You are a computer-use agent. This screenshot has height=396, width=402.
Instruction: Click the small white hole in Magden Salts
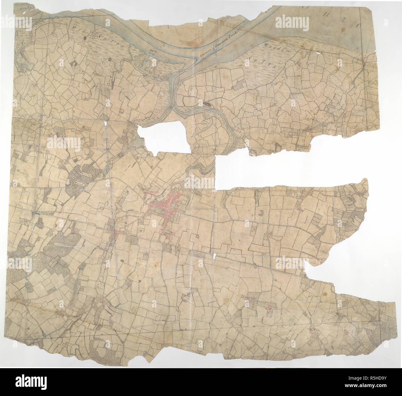[x=316, y=53]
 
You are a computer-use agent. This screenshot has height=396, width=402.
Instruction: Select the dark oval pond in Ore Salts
[x=85, y=38]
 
